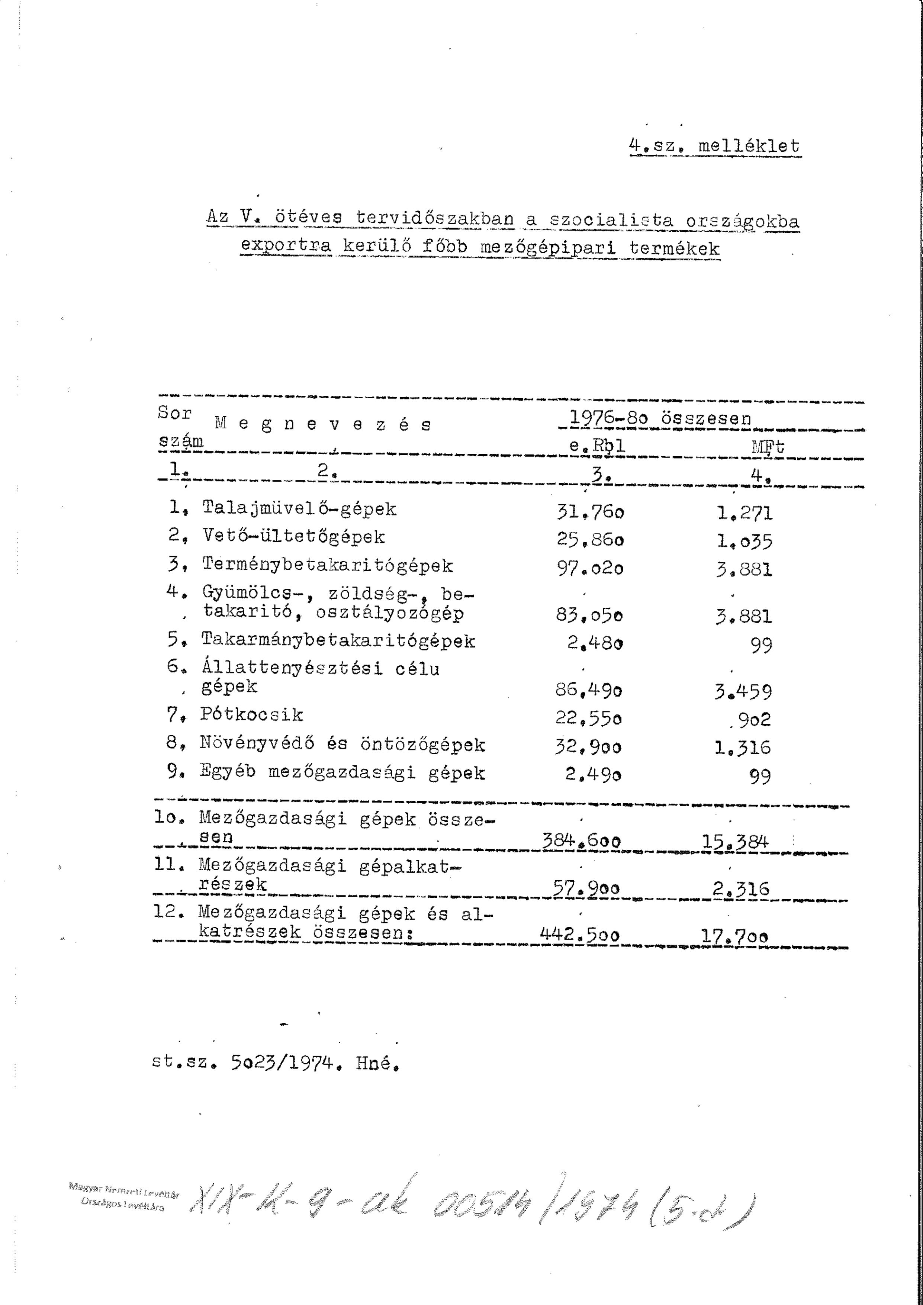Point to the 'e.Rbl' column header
click(597, 447)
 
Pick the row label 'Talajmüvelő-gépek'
click(299, 509)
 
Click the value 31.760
click(591, 513)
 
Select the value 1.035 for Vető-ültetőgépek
click(744, 541)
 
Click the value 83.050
click(589, 616)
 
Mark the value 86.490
click(589, 691)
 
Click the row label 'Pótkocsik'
click(252, 715)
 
